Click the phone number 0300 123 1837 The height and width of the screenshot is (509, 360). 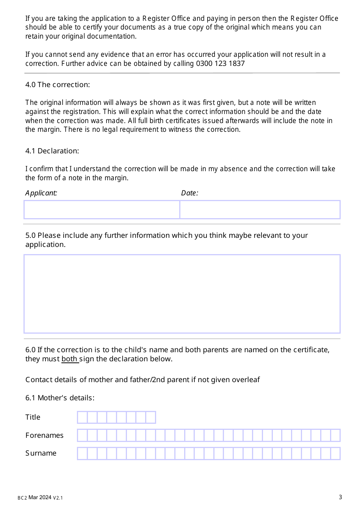pyautogui.click(x=220, y=64)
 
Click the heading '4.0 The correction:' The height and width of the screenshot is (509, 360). pyautogui.click(x=58, y=84)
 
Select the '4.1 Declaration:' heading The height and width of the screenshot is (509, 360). pyautogui.click(x=52, y=151)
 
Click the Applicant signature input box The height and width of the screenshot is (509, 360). pyautogui.click(x=102, y=210)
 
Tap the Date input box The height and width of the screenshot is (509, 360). pyautogui.click(x=260, y=210)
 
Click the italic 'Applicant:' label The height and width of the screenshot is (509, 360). pyautogui.click(x=41, y=193)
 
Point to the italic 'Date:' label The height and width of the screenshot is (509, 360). pyautogui.click(x=189, y=193)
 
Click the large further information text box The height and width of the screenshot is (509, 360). pyautogui.click(x=182, y=294)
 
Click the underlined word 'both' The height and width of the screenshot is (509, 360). pyautogui.click(x=69, y=359)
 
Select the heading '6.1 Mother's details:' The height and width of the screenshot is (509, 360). pyautogui.click(x=60, y=398)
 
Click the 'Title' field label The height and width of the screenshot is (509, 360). pyautogui.click(x=33, y=417)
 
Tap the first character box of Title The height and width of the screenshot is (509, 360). pyautogui.click(x=82, y=417)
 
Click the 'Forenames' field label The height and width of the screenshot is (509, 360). pyautogui.click(x=44, y=435)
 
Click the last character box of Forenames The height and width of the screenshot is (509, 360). pyautogui.click(x=335, y=436)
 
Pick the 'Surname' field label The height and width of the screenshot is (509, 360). pyautogui.click(x=41, y=453)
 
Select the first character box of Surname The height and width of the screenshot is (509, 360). pyautogui.click(x=82, y=453)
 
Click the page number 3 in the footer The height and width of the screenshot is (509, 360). pyautogui.click(x=340, y=497)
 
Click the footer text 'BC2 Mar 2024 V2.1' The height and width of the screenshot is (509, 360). pyautogui.click(x=40, y=498)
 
